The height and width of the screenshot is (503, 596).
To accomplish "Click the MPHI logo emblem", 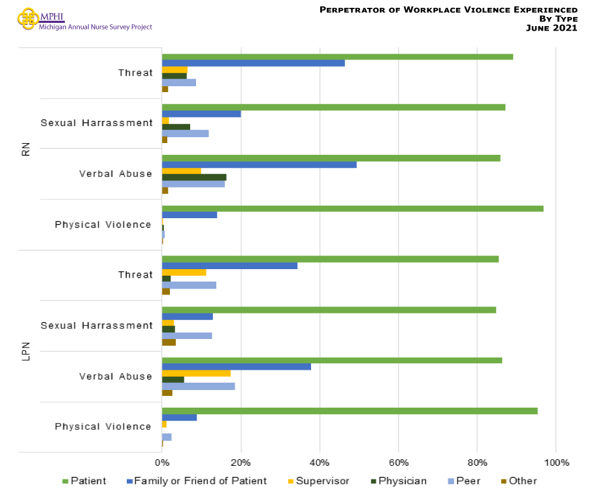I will pos(27,18).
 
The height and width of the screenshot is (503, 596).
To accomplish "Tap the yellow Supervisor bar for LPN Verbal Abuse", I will pos(196,373).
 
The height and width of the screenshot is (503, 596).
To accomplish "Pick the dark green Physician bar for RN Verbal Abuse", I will pos(194,177).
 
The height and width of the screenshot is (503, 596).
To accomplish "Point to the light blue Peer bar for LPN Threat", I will pos(189,285).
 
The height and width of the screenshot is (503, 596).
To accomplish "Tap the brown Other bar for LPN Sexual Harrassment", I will pos(169,342).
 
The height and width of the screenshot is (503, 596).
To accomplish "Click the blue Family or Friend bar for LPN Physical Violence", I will pos(179,417).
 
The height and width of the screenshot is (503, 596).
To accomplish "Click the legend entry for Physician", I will pos(401,481).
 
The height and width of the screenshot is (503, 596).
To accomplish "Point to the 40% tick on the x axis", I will pos(320,462).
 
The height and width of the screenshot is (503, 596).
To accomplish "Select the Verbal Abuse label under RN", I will pos(116,174).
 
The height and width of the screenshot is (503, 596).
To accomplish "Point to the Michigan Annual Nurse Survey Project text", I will pos(95,27).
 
